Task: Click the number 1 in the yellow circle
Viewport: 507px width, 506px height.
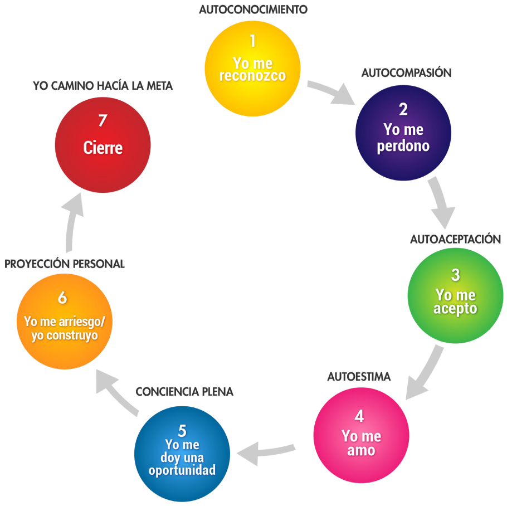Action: [252, 42]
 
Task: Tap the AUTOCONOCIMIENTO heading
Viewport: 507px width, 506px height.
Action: [253, 9]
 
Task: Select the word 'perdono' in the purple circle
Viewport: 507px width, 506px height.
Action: [403, 147]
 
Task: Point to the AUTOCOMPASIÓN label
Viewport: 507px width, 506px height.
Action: [406, 73]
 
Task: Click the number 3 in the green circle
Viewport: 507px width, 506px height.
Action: [456, 275]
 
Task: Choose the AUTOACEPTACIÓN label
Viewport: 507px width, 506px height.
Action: [456, 239]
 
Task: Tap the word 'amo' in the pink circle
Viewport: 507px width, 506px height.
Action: [361, 450]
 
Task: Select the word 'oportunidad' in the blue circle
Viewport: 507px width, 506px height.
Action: [182, 470]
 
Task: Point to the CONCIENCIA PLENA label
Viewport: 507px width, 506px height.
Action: [184, 392]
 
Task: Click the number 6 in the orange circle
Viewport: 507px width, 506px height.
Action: [62, 298]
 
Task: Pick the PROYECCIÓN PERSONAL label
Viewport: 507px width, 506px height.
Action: [65, 264]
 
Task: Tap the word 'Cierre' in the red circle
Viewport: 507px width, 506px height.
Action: [103, 148]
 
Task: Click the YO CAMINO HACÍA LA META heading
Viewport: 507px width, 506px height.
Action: [103, 86]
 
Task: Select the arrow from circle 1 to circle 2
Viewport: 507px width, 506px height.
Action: [332, 93]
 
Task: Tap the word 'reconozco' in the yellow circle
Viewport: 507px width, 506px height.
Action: [252, 76]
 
